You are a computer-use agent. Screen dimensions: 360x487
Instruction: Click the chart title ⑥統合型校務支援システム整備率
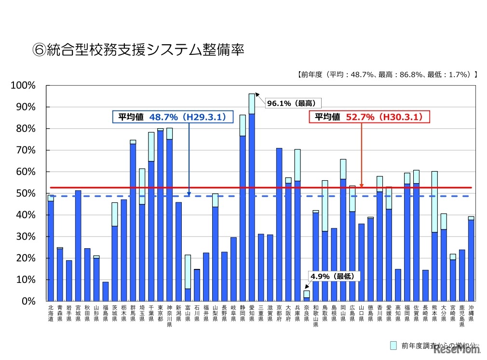(x=138, y=50)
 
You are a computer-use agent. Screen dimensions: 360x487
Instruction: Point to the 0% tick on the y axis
(x=29, y=301)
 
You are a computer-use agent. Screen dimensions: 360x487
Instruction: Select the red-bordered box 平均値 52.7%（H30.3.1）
(x=369, y=117)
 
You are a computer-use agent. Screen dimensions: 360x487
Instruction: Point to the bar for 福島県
(x=106, y=292)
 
